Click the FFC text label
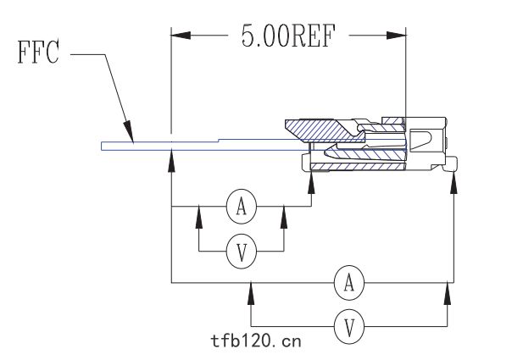tap(38, 52)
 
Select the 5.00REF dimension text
tap(289, 36)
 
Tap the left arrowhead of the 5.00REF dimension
tap(181, 36)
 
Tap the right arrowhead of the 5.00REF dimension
tap(397, 36)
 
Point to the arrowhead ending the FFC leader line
tap(128, 131)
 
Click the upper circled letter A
tap(242, 207)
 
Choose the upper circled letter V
tap(242, 252)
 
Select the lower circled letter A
tap(349, 283)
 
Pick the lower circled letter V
tap(349, 326)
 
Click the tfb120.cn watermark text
tap(256, 341)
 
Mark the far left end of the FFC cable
tap(102, 147)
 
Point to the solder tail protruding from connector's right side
tap(450, 164)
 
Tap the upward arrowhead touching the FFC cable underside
tap(171, 161)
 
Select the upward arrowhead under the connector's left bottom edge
tap(311, 183)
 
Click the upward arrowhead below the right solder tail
tap(454, 183)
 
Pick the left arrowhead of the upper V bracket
tap(199, 217)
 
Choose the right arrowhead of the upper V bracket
tap(284, 217)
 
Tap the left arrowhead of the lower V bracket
tap(251, 294)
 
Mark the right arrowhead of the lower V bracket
tap(448, 294)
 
